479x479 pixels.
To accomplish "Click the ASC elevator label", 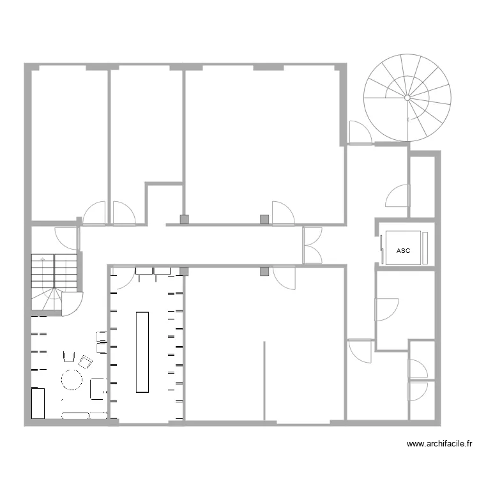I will [x=403, y=251].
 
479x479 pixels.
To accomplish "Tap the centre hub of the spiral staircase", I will [x=407, y=98].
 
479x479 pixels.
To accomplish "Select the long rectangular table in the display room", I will [x=142, y=352].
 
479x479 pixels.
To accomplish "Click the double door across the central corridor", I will [x=312, y=245].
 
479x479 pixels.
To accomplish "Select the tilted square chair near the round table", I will [x=84, y=362].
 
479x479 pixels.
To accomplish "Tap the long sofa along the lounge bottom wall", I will [x=75, y=415].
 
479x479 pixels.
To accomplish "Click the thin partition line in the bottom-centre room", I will [x=264, y=381].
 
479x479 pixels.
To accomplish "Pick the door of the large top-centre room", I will [x=282, y=212].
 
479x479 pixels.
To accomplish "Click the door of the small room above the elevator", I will [x=398, y=195].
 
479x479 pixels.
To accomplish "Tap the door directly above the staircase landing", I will [x=67, y=237].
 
